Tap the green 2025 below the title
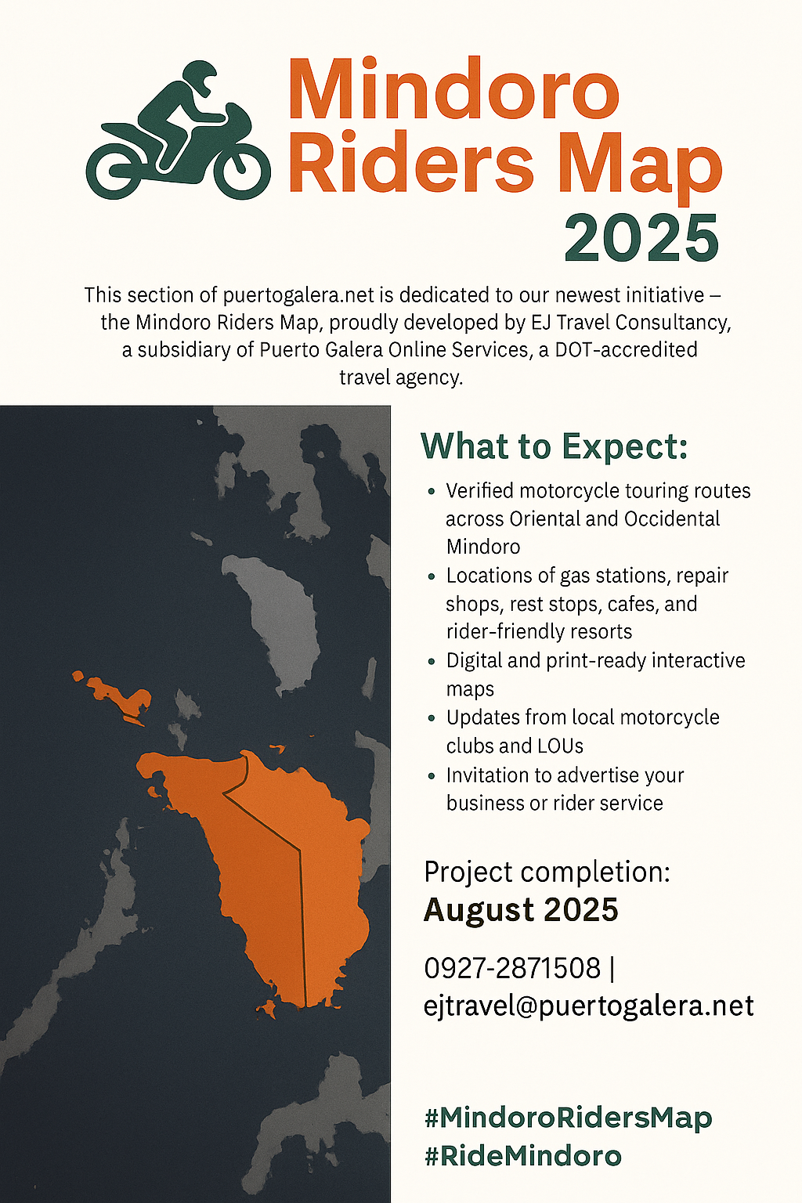click(x=641, y=237)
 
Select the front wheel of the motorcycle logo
click(x=241, y=170)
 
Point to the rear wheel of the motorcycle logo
click(x=114, y=172)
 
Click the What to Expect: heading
click(x=555, y=446)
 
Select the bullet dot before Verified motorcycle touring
click(x=431, y=491)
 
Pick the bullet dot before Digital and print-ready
click(x=431, y=662)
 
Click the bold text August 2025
click(x=521, y=910)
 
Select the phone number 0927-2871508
click(x=512, y=968)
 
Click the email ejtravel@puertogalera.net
click(x=589, y=1006)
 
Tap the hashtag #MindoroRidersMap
click(x=569, y=1118)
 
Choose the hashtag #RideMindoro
click(x=522, y=1156)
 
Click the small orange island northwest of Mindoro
click(x=115, y=695)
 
